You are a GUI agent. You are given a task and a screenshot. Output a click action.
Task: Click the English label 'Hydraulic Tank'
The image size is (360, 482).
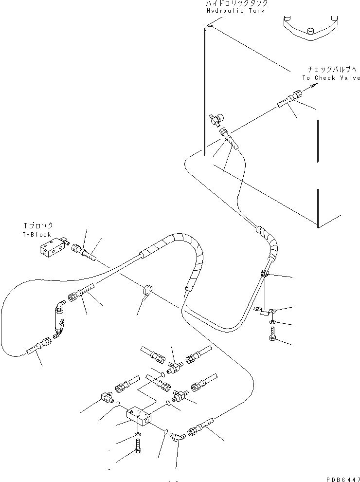(235, 11)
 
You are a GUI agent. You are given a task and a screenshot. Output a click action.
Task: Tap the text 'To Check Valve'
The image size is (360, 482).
(331, 78)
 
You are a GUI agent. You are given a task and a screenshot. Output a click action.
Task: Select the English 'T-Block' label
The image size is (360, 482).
(37, 234)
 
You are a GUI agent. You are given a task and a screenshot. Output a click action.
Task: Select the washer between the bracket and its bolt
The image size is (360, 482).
(271, 322)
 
